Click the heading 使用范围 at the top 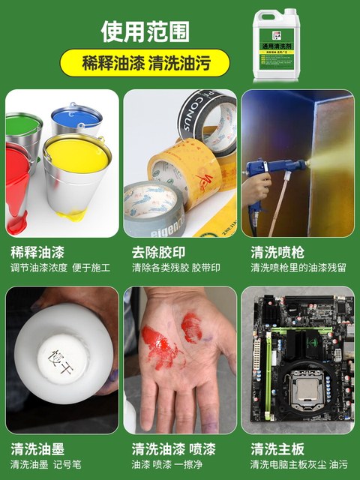(145, 31)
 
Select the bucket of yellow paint (76, 168)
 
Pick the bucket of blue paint (76, 121)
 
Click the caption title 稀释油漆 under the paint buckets (35, 252)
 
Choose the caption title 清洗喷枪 (274, 252)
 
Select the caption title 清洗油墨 (35, 449)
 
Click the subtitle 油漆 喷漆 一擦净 (170, 464)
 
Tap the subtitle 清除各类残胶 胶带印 (176, 267)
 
